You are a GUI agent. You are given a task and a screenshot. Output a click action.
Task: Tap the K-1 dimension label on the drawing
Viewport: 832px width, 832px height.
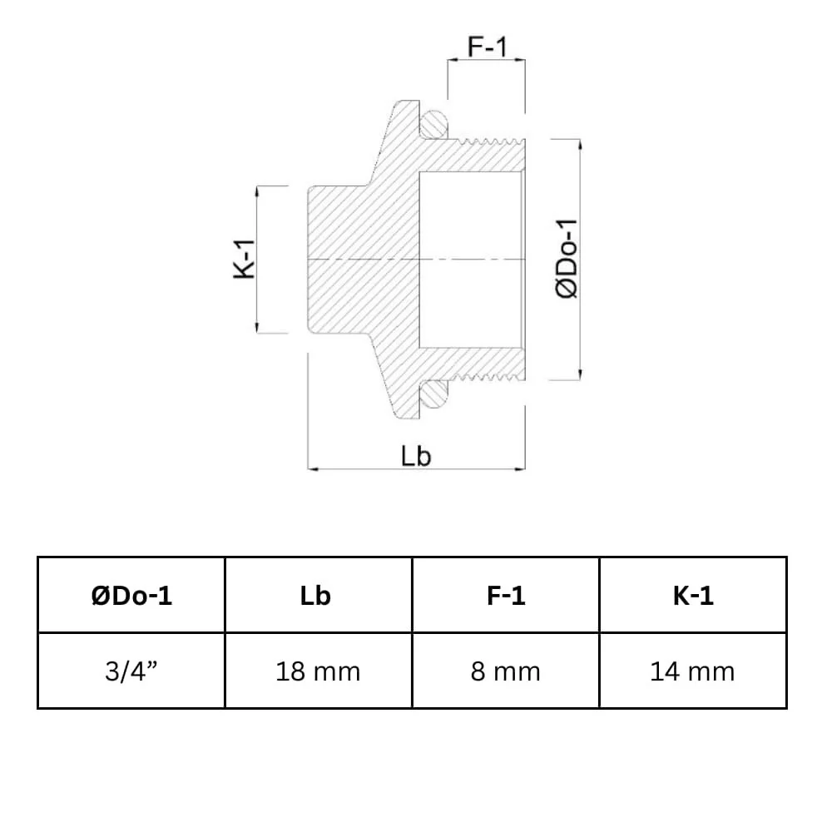click(x=243, y=260)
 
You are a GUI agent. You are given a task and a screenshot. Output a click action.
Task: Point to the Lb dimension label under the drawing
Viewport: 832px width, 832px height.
click(x=416, y=456)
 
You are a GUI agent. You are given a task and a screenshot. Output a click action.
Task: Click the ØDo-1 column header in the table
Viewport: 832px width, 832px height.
click(x=131, y=596)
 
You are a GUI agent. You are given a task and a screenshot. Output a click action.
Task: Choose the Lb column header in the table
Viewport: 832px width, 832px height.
click(x=319, y=596)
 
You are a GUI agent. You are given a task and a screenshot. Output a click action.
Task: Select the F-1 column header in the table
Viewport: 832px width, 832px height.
click(x=505, y=596)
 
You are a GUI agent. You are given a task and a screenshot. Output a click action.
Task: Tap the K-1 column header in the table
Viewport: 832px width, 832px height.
click(x=692, y=596)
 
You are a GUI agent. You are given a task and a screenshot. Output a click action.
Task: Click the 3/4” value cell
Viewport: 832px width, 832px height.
click(x=131, y=671)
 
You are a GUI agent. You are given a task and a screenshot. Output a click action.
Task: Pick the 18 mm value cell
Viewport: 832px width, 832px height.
click(x=319, y=671)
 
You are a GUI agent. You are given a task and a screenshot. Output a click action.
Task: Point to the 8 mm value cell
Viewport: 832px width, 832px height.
click(x=505, y=671)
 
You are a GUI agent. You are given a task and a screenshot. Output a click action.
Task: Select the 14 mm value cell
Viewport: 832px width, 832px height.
click(x=692, y=671)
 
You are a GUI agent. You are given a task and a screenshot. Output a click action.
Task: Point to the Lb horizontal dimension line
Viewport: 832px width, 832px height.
click(x=366, y=469)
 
